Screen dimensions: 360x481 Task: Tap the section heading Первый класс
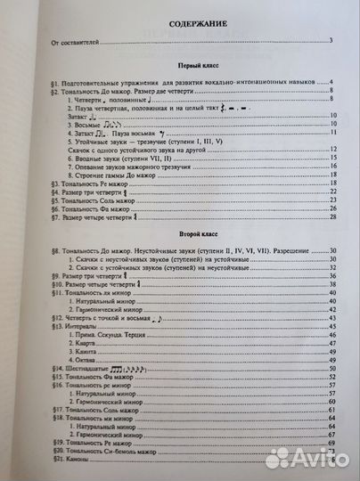(x=184, y=69)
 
